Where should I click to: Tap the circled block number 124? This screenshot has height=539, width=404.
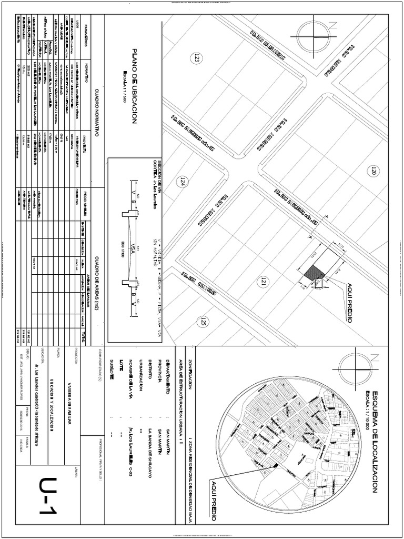pos(183,183)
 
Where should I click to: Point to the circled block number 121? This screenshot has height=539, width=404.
pos(261,283)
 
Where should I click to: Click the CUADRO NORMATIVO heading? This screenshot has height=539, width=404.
pos(97,114)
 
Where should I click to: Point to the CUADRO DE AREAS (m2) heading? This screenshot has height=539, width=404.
pos(97,283)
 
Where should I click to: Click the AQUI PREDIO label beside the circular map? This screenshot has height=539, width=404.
pos(214,500)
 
